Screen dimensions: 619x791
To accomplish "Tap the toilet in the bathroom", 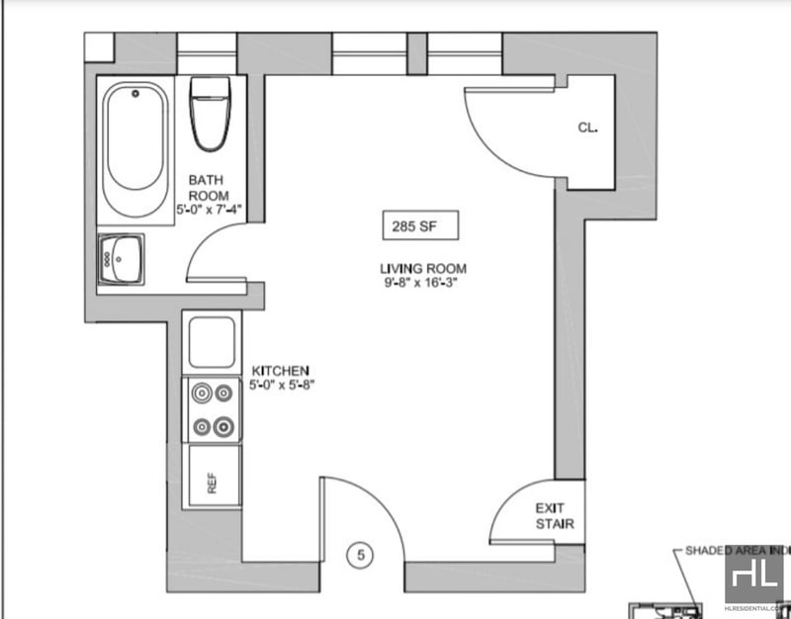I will [209, 114].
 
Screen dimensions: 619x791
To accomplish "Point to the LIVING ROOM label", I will [422, 268].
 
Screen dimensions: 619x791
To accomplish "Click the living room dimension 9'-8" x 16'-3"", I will [422, 282].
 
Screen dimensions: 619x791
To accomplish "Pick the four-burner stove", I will [214, 410].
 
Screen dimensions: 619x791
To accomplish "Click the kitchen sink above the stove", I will [213, 342].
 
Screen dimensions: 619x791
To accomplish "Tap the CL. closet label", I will [590, 127].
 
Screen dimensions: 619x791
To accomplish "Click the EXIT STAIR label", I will [555, 516].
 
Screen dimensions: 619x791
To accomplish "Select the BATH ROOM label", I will [209, 188].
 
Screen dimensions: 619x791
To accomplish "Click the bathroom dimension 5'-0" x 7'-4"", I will [209, 210].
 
